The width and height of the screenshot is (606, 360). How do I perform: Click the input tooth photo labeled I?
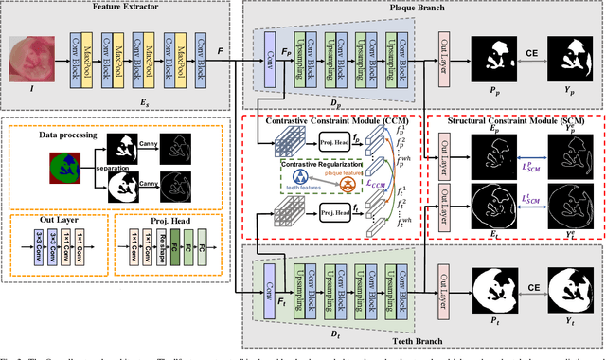click(x=31, y=56)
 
